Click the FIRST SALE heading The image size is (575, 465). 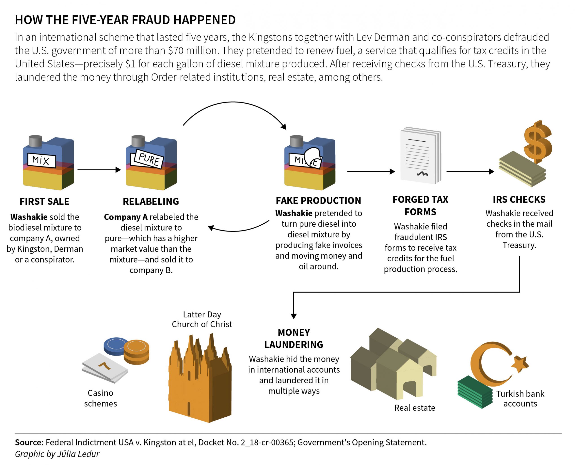tap(44, 201)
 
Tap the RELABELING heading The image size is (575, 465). tap(151, 201)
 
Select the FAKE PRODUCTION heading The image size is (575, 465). tap(318, 201)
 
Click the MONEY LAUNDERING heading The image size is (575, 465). tap(294, 338)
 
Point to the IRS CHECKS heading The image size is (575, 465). tap(519, 200)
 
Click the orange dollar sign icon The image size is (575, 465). tap(537, 142)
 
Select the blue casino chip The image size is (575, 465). tap(116, 346)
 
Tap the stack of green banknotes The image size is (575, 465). tap(475, 392)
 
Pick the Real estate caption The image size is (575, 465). tap(415, 408)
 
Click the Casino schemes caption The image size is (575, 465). tap(100, 398)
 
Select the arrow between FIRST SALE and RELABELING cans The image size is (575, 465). tap(99, 169)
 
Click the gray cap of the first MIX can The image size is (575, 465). tap(35, 141)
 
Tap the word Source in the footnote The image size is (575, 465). tap(29, 442)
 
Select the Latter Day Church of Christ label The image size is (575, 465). tap(202, 319)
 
